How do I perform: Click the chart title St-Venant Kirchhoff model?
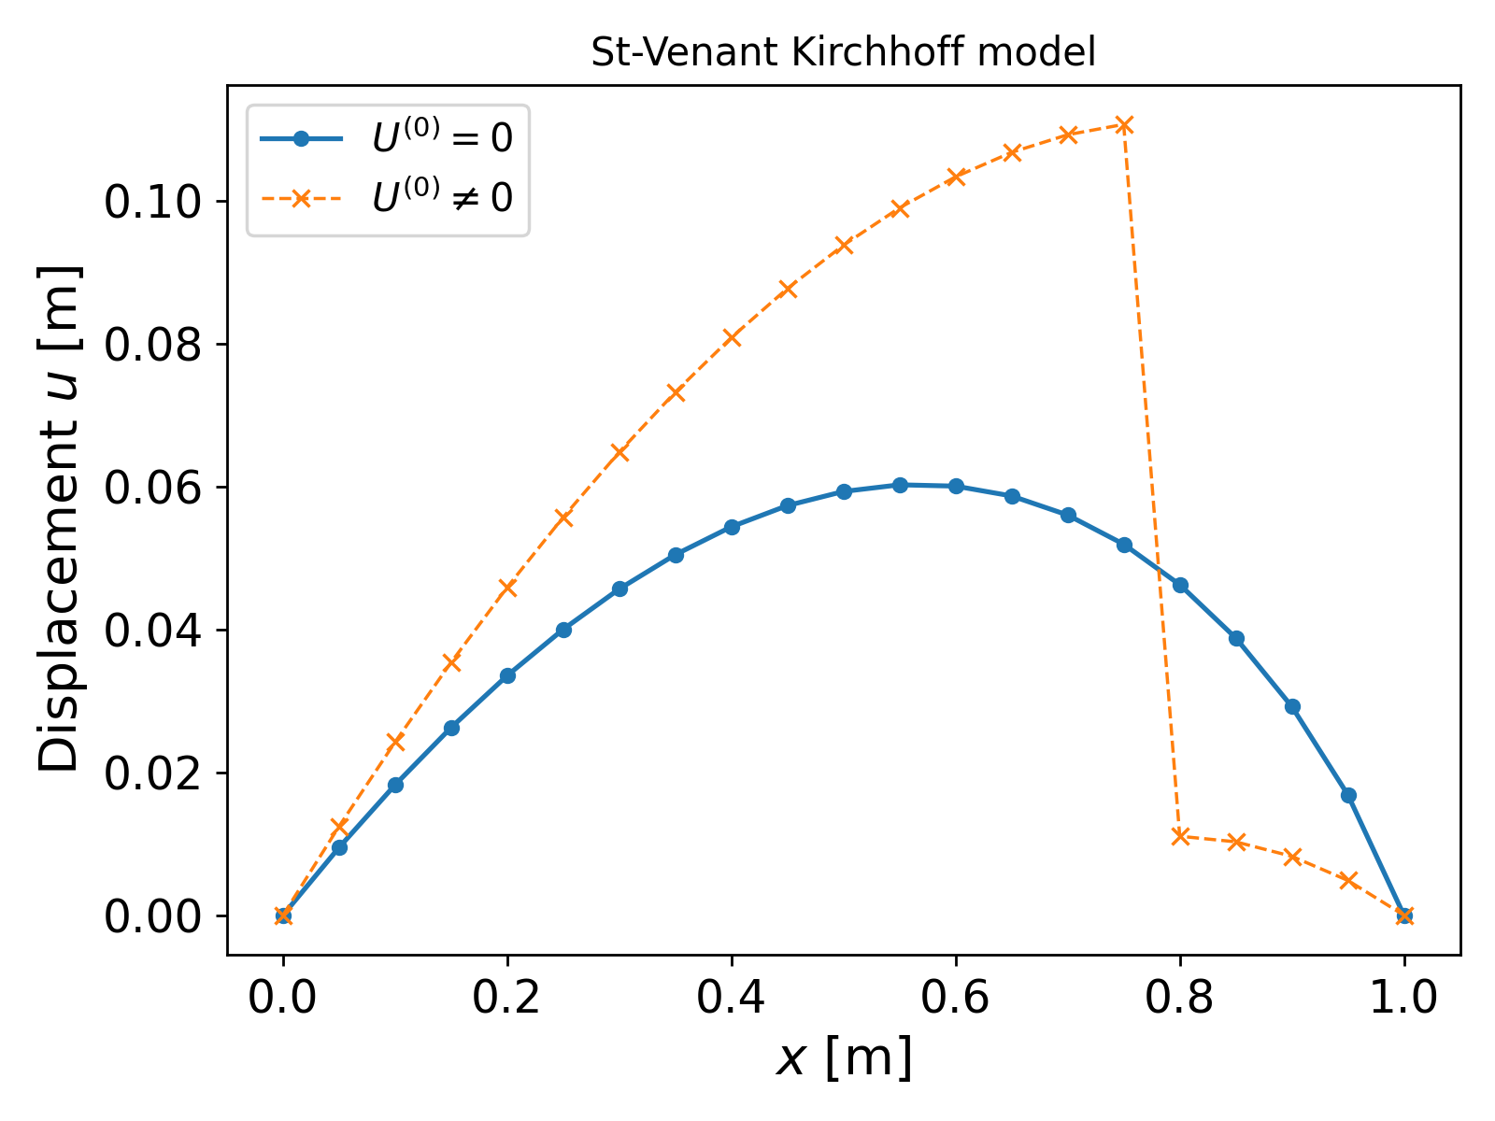point(843,53)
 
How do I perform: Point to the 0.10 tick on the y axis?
point(149,202)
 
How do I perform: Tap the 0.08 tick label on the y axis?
point(149,345)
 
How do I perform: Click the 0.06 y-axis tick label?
point(149,488)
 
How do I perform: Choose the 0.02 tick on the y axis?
point(149,773)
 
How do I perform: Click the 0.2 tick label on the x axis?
point(507,999)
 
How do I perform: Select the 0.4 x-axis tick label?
point(732,999)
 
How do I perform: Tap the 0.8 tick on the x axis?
point(1180,999)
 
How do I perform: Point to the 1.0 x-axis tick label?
point(1404,999)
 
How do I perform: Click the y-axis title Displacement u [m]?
point(60,519)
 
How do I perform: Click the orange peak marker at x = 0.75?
point(1124,125)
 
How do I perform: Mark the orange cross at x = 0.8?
point(1180,836)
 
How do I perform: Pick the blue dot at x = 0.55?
point(900,485)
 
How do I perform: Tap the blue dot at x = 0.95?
point(1348,795)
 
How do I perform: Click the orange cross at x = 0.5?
point(844,245)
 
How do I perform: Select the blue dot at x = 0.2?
point(507,675)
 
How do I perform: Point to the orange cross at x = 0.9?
point(1292,857)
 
